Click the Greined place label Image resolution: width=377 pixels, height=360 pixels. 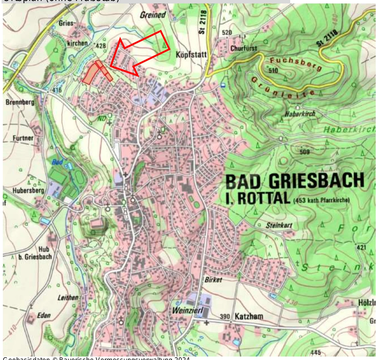click(153, 15)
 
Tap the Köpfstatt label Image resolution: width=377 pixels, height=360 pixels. click(191, 55)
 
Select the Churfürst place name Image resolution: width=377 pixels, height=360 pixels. click(243, 48)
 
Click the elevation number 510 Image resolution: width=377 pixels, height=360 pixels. click(273, 70)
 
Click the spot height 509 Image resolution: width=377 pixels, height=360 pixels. click(304, 152)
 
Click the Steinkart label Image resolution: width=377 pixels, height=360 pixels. click(279, 225)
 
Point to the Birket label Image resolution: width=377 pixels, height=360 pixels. click(213, 280)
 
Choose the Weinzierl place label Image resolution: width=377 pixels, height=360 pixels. click(187, 310)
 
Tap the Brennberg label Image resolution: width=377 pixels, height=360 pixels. click(20, 102)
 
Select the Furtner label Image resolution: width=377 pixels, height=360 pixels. click(23, 138)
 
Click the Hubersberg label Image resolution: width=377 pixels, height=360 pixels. click(28, 191)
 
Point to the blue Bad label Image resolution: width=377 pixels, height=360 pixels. click(57, 162)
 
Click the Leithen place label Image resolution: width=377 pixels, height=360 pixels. click(68, 298)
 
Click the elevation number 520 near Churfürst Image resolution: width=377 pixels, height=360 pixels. click(227, 33)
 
